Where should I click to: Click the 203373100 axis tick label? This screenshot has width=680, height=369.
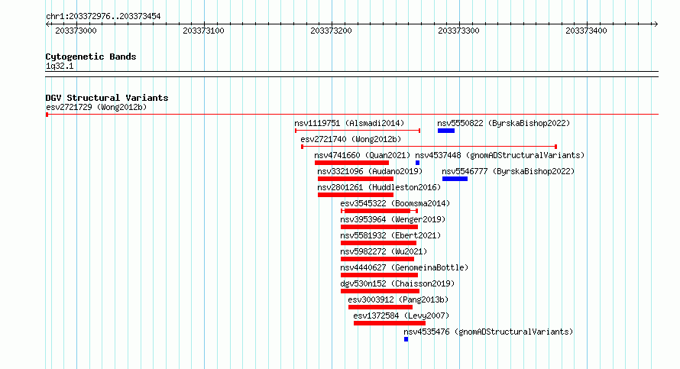[x=203, y=31]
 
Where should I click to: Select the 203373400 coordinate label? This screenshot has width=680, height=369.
[x=586, y=31]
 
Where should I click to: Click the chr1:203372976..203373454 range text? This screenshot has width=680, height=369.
[x=103, y=17]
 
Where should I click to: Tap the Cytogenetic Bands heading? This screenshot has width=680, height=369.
[x=91, y=57]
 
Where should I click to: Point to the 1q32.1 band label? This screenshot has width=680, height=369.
[x=60, y=66]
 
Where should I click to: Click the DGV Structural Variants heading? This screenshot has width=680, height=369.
[x=107, y=98]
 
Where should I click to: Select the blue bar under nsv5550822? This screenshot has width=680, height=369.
[x=445, y=131]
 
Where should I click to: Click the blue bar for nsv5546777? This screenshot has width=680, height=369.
[x=455, y=179]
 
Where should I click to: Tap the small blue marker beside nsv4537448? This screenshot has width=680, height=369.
[x=418, y=163]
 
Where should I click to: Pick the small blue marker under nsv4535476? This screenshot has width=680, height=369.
[x=406, y=339]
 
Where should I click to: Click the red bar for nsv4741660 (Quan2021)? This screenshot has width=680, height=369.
[x=351, y=163]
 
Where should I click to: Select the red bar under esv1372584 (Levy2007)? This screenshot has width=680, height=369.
[x=390, y=323]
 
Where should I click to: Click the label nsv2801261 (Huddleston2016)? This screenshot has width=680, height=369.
[x=379, y=187]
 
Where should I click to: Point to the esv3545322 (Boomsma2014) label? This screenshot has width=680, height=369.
[x=395, y=203]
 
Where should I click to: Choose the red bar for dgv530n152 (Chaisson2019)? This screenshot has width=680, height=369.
[x=380, y=291]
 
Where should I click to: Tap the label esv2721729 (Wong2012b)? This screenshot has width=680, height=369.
[x=96, y=107]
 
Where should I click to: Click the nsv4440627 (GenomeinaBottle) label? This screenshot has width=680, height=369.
[x=404, y=267]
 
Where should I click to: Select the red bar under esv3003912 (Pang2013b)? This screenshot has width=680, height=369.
[x=380, y=307]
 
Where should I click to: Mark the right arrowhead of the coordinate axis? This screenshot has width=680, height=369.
[x=656, y=24]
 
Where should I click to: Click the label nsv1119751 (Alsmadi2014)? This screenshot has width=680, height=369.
[x=349, y=123]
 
